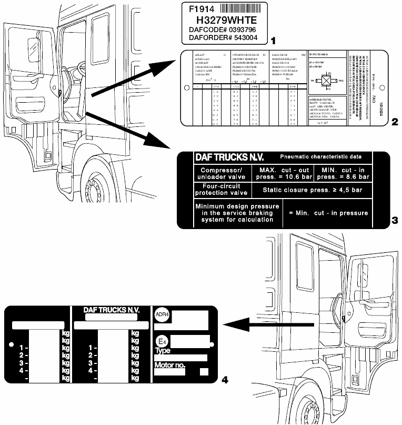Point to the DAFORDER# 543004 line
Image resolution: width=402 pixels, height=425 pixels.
coord(223,37)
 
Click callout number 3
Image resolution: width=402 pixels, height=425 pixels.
coord(394,223)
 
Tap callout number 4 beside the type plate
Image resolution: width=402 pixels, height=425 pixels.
coord(226,379)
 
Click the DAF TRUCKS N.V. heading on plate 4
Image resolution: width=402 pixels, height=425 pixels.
coord(112,310)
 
